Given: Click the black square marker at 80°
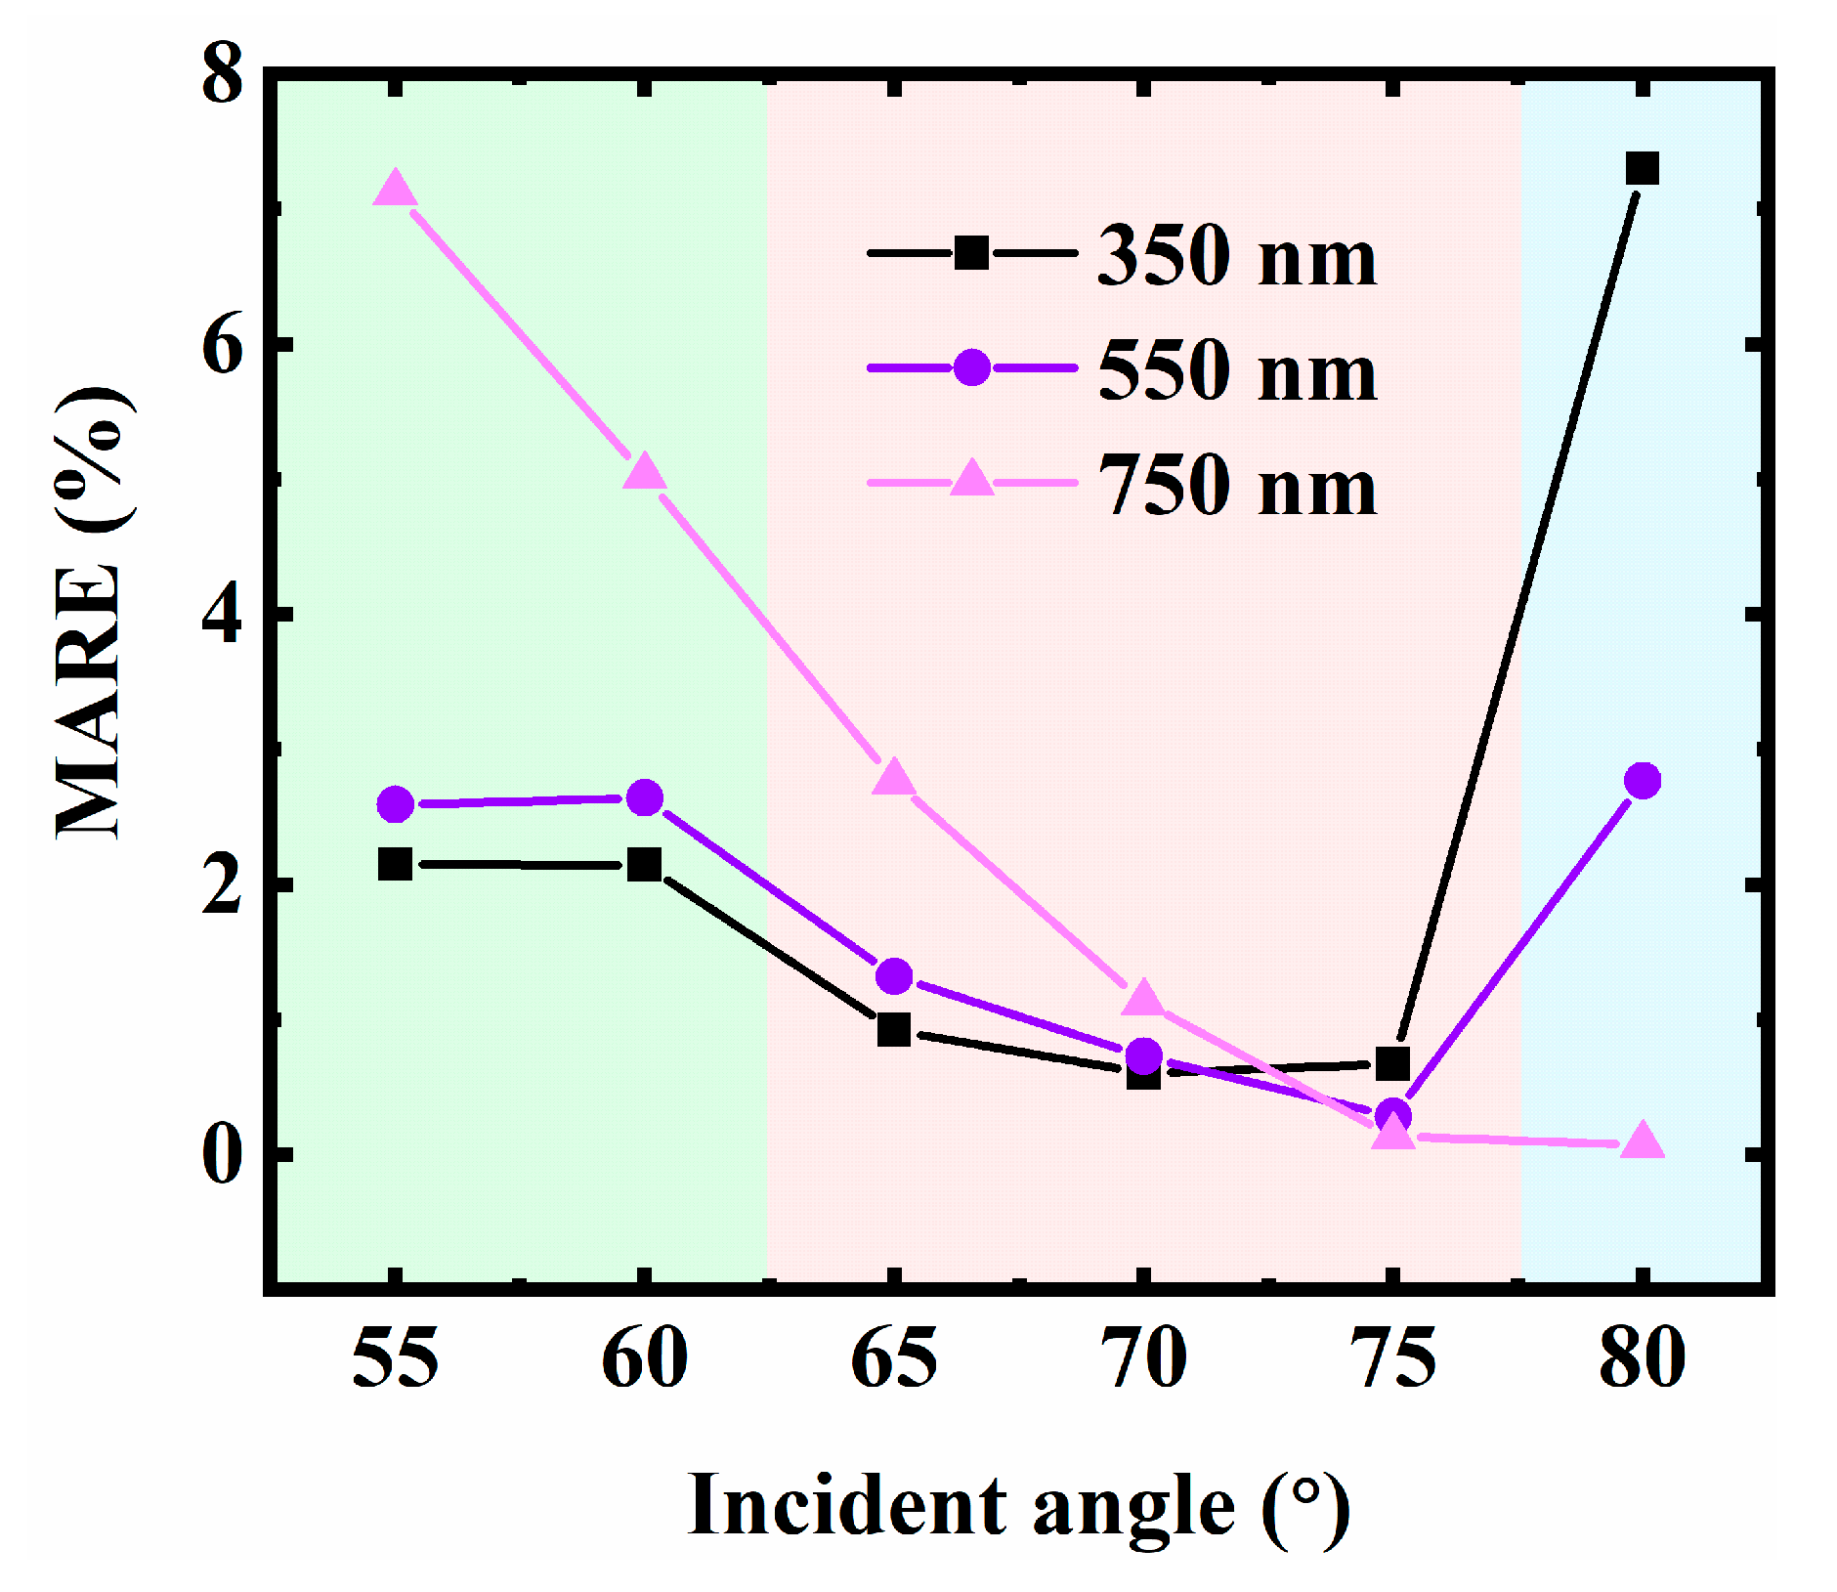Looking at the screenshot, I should click(x=1642, y=168).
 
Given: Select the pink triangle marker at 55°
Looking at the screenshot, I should click(x=395, y=188).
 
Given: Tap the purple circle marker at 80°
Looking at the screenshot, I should click(x=1642, y=780).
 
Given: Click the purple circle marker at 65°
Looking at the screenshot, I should click(x=894, y=974).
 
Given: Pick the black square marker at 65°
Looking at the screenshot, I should click(x=894, y=1029).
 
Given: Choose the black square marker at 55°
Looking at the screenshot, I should click(x=395, y=864).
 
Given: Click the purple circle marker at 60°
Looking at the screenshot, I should click(x=644, y=798).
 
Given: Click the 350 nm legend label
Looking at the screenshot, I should click(x=1237, y=256).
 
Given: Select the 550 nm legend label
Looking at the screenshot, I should click(x=1237, y=370).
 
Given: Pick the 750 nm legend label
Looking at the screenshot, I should click(x=1237, y=486).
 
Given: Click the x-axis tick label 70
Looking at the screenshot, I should click(x=1143, y=1359).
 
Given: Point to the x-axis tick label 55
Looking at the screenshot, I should click(x=395, y=1359).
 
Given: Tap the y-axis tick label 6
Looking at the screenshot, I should click(x=222, y=346).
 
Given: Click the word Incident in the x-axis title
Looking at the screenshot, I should click(x=846, y=1506).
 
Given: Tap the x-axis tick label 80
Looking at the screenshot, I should click(x=1642, y=1359).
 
